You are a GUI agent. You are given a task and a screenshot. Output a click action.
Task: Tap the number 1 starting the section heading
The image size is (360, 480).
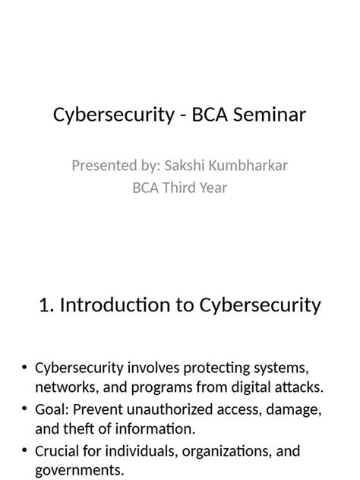(x=44, y=305)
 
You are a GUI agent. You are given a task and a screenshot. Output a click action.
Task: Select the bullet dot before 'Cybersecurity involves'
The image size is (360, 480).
(x=25, y=368)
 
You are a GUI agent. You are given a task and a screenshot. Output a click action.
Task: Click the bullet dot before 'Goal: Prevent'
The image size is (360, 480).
(x=25, y=409)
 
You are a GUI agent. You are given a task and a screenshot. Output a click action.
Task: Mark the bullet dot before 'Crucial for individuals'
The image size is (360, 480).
(x=25, y=451)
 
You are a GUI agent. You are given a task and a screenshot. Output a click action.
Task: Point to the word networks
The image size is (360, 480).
(x=64, y=387)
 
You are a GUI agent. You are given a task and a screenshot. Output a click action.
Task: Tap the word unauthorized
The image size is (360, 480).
(x=174, y=409)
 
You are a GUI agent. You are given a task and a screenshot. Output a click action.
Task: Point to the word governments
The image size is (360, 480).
(x=78, y=471)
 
